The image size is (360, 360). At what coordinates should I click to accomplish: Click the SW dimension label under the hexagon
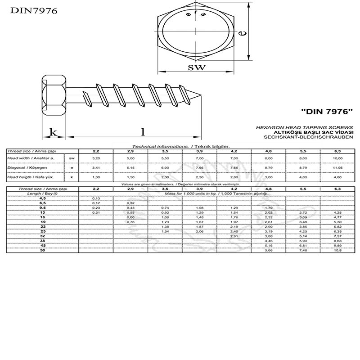[x=196, y=68]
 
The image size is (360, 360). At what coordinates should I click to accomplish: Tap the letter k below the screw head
[x=54, y=132]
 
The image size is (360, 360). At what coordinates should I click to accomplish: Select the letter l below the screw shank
[x=143, y=132]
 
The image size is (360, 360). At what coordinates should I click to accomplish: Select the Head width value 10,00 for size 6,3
[x=337, y=158]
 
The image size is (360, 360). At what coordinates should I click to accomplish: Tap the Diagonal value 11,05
[x=337, y=167]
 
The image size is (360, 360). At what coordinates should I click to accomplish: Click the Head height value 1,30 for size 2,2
[x=96, y=177]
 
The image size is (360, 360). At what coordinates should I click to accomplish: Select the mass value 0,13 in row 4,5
[x=96, y=198]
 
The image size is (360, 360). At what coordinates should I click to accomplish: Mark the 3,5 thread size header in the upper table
[x=165, y=151]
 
